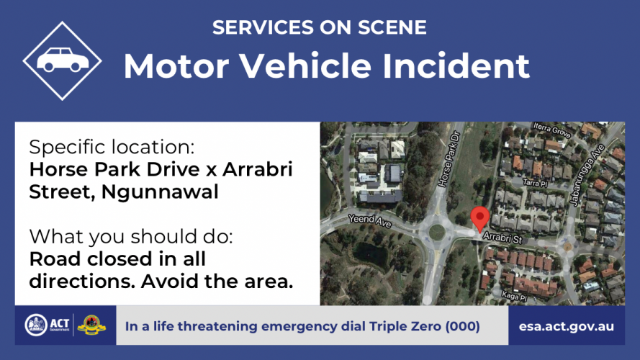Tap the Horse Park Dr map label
(449, 159)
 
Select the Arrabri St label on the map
(502, 237)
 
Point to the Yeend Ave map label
(370, 220)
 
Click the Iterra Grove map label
(552, 130)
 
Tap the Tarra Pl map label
(535, 183)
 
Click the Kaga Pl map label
(514, 297)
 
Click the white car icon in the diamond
(63, 60)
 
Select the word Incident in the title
(456, 66)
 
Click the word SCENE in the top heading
(392, 27)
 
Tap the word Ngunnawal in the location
(160, 192)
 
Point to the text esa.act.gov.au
(566, 326)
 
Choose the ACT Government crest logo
(36, 325)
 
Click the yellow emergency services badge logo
(91, 325)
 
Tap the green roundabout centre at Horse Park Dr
(437, 233)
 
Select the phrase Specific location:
(112, 147)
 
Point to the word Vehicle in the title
(305, 66)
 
